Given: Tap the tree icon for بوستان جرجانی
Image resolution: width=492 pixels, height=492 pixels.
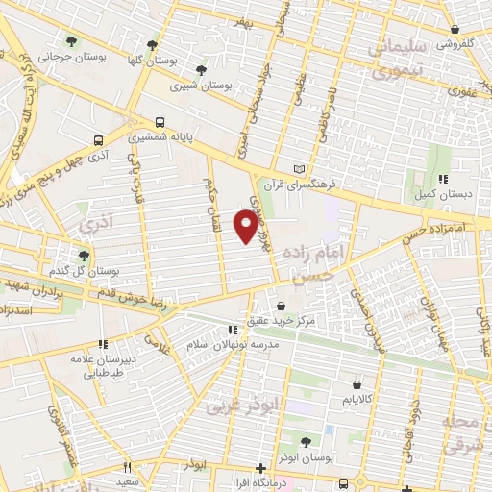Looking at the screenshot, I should (x=71, y=40).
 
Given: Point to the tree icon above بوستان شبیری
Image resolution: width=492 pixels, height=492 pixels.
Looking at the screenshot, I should (x=200, y=69).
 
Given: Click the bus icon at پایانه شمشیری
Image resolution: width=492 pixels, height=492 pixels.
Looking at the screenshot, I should (x=160, y=122).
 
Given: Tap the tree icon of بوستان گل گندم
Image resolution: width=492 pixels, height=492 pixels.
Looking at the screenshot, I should (x=85, y=256).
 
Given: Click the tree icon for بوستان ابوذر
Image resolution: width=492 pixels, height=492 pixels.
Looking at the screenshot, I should (x=306, y=442).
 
